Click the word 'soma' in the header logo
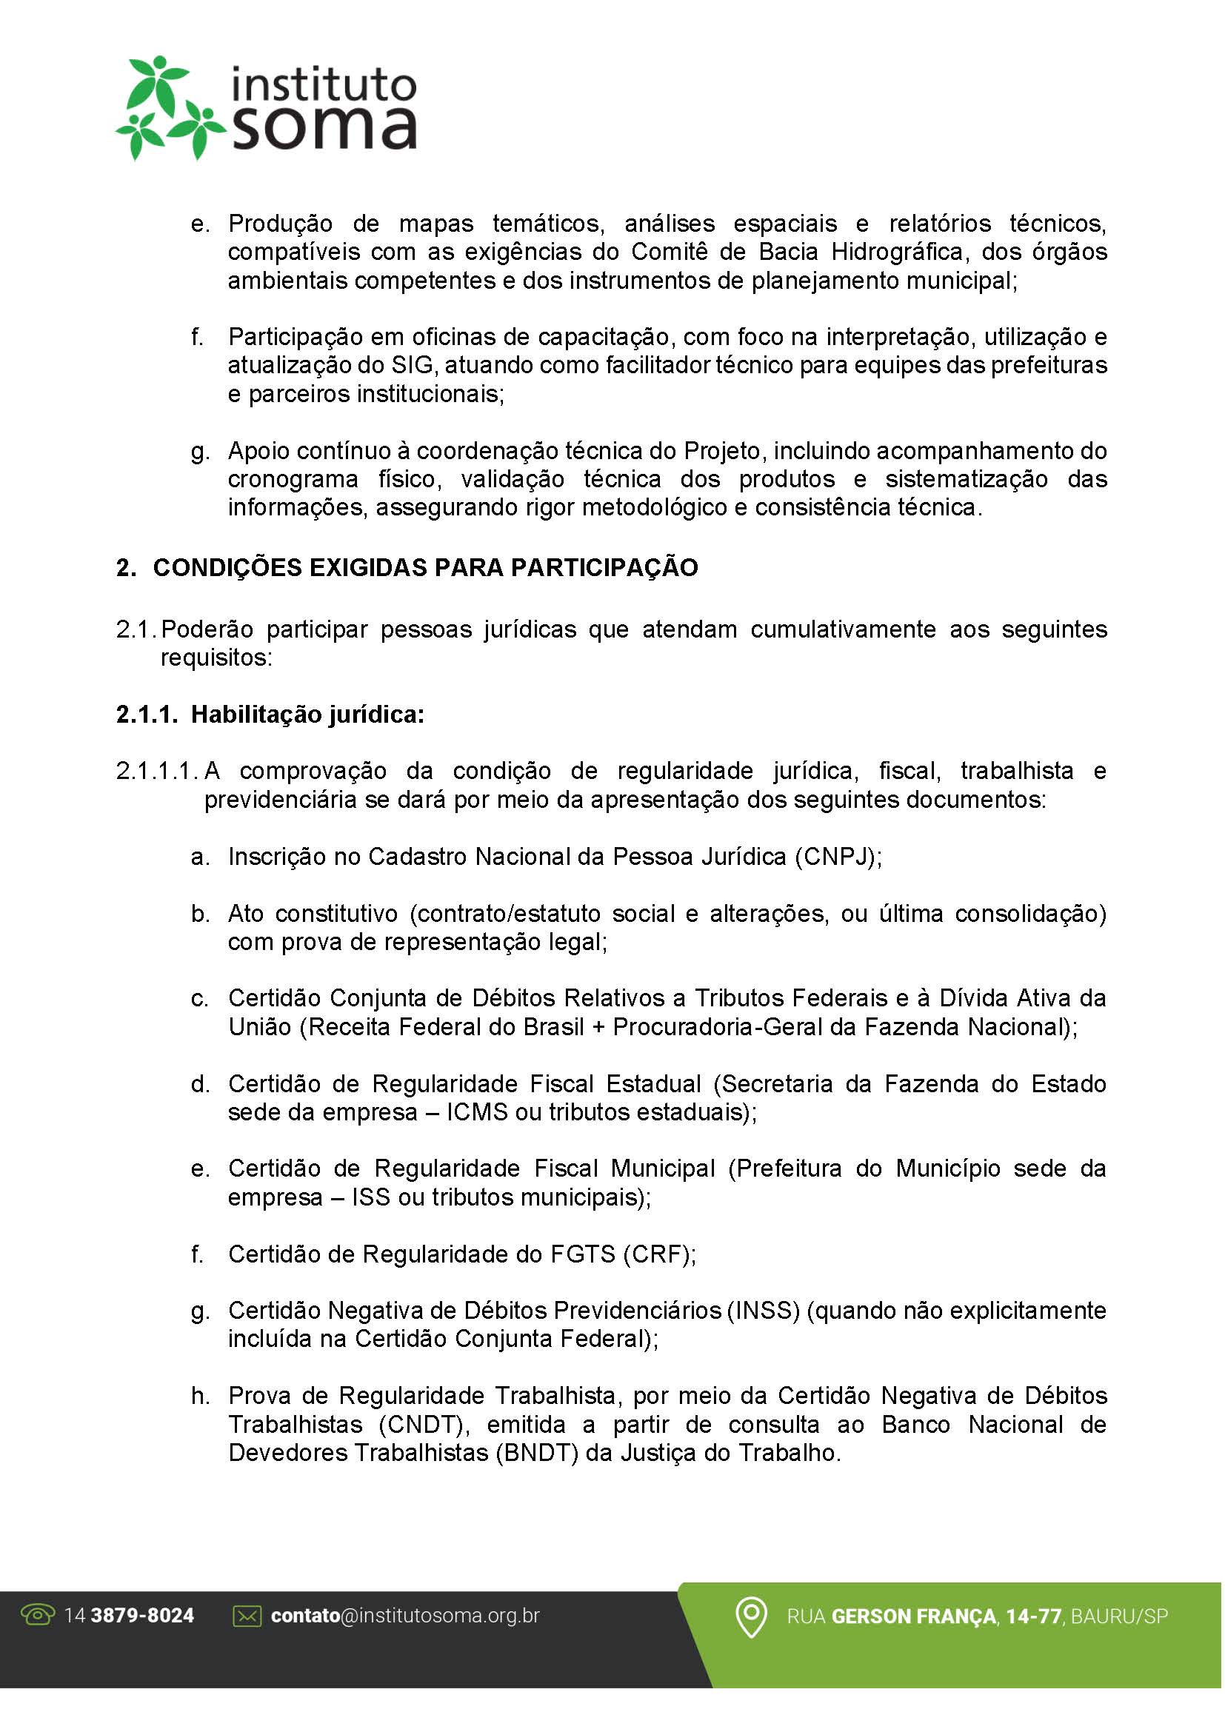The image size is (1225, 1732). tap(324, 129)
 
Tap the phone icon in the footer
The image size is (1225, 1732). tap(38, 1616)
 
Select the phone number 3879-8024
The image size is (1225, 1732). tap(141, 1616)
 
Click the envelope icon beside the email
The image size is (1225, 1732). tap(247, 1616)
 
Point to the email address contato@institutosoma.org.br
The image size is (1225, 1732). tap(405, 1616)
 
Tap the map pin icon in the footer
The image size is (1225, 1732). tap(751, 1617)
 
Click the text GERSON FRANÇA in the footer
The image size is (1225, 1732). tap(915, 1616)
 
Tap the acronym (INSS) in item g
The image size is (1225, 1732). tap(764, 1311)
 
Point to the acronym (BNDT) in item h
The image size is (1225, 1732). tap(537, 1454)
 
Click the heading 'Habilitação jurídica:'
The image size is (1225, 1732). tap(308, 715)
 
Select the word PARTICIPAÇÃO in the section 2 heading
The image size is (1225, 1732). tap(604, 568)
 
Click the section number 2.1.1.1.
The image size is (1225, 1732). tap(157, 771)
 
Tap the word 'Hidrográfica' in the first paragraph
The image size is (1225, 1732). tap(897, 252)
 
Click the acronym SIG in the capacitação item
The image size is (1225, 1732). tap(413, 366)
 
